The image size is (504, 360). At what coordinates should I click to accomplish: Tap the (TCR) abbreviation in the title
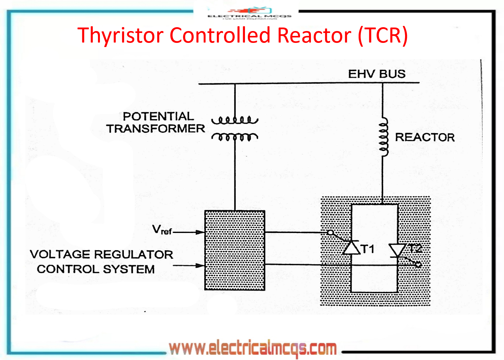383,35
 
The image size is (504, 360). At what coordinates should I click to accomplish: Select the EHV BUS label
377,74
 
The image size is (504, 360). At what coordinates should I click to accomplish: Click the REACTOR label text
425,137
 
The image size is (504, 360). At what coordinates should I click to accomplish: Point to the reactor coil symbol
383,137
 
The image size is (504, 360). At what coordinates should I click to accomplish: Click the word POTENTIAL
159,116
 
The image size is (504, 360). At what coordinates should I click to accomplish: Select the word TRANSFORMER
156,129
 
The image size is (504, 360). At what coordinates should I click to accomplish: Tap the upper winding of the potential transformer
235,120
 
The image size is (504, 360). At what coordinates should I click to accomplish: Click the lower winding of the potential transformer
235,137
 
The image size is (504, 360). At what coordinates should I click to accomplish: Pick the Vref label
162,230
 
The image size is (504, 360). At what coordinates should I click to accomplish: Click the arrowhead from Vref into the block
200,232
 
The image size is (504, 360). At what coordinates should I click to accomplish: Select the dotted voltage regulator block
235,250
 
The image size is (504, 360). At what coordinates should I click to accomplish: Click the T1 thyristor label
368,249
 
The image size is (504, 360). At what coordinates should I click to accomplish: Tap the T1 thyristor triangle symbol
352,248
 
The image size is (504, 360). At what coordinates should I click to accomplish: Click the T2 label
415,248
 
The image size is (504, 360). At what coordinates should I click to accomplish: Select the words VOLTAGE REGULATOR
102,254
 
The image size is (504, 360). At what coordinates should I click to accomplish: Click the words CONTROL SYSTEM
96,269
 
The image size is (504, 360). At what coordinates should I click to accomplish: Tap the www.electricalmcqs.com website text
253,348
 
